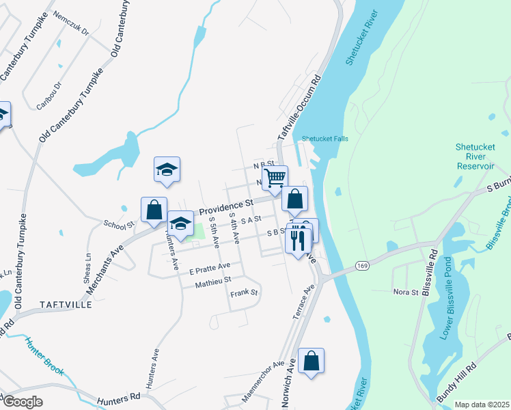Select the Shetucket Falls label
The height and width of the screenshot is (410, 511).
coord(325,139)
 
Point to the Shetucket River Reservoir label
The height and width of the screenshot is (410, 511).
coord(475,156)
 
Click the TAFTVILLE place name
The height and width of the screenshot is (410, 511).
coord(66,305)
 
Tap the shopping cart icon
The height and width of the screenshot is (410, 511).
coord(275,178)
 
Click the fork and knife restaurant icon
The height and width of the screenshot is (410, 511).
coord(298,240)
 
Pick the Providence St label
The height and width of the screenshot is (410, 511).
coord(226,204)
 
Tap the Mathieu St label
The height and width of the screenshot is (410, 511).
coord(213,279)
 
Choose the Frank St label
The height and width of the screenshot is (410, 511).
coord(245,292)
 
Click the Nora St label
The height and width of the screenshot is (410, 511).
coord(405,292)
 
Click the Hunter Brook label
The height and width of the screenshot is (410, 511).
coord(45,357)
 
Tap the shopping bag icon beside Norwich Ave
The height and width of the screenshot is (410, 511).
coord(311,360)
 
